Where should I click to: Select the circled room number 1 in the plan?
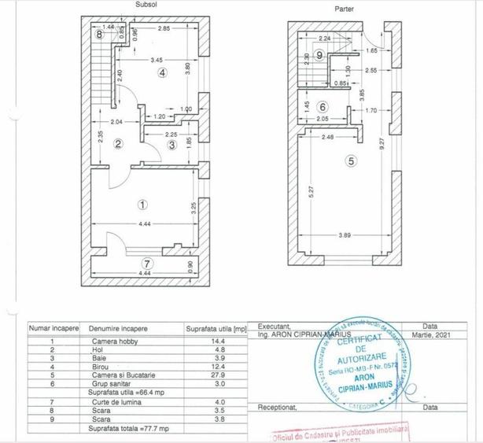coord(142,204)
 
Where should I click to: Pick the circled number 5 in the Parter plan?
coord(351,161)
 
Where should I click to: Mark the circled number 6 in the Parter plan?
coord(322,107)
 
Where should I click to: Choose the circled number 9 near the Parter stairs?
coord(318,54)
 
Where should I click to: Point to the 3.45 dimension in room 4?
coord(157,59)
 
